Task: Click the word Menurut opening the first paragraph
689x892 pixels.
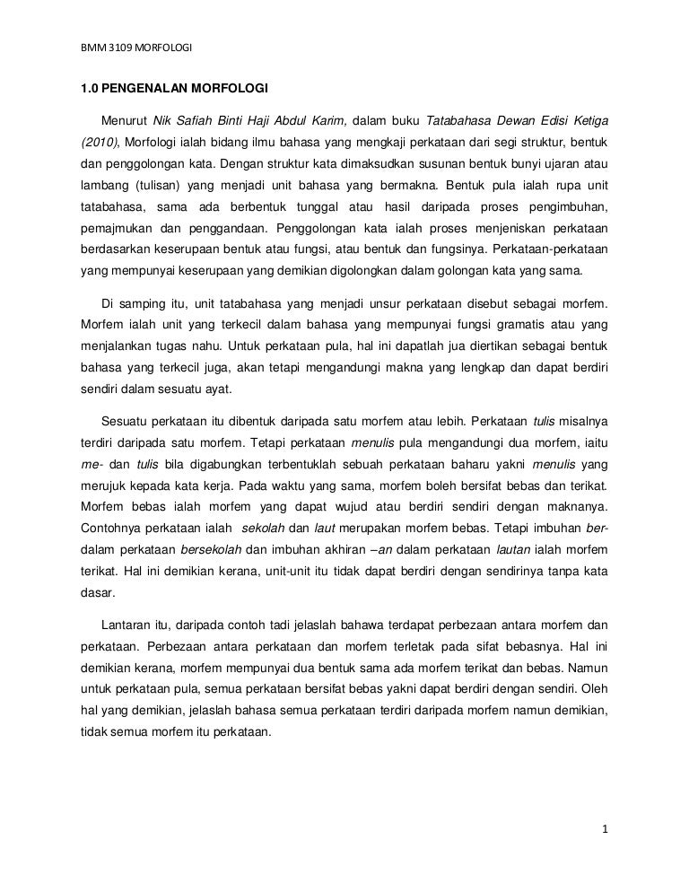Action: point(124,120)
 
